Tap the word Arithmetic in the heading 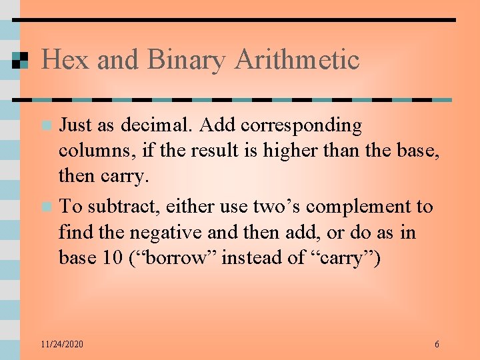(x=297, y=60)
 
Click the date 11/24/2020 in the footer (x=62, y=344)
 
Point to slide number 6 (x=437, y=344)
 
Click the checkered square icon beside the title (x=20, y=60)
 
